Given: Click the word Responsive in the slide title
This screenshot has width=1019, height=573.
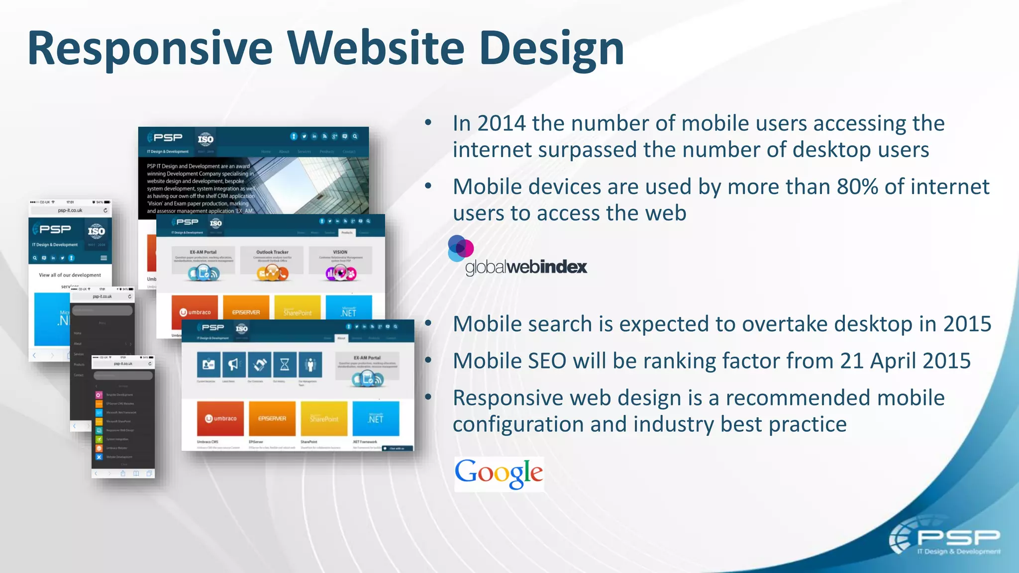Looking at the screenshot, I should point(149,49).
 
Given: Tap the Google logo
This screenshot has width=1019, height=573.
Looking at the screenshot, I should point(499,474).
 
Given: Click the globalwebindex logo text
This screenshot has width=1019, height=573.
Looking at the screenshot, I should point(526,267).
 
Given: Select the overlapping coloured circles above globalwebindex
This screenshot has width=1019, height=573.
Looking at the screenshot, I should point(460,248).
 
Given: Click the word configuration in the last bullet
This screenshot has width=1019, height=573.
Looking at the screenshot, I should point(518,425).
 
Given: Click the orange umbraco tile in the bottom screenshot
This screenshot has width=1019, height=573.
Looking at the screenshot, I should point(221,418).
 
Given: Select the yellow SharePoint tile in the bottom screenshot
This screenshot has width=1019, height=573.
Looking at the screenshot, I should point(324,418).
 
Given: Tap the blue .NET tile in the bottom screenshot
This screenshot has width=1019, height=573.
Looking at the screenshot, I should point(376,418).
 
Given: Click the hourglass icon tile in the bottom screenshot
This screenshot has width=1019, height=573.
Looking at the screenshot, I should point(285,365).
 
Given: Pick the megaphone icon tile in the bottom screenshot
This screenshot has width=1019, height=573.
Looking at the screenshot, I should point(233,365).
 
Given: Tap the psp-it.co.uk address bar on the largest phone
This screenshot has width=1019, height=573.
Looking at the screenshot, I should point(70,210).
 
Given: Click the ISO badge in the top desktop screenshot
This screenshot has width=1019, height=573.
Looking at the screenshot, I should point(205,139).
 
